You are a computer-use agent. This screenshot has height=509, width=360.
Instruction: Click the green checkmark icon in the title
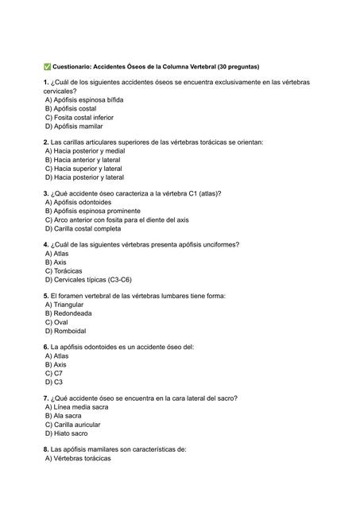(48, 66)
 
